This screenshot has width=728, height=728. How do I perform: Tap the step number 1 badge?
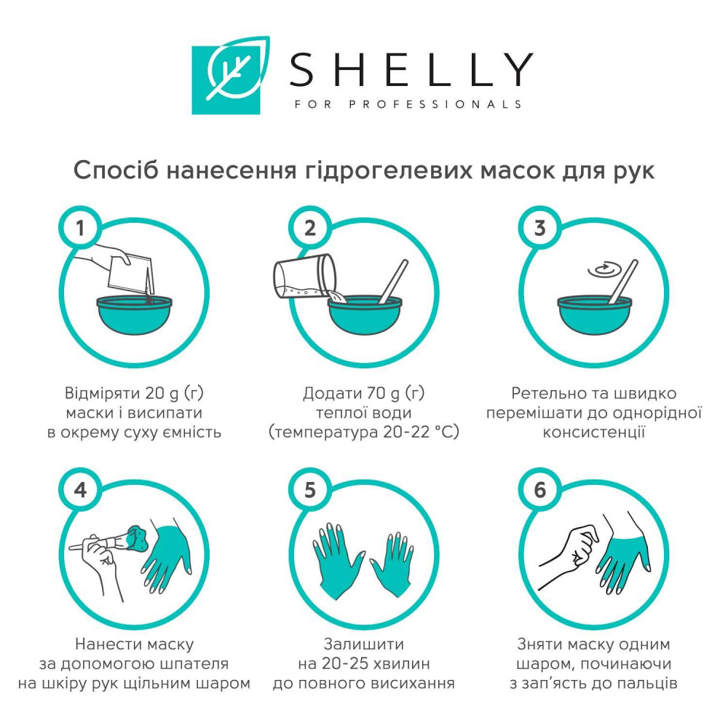point(80,227)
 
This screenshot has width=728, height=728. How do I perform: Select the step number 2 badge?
point(310,227)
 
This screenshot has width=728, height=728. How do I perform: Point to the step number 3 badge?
point(539,227)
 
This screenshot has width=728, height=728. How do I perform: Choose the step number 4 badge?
point(80,489)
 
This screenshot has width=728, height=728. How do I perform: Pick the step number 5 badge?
point(310,489)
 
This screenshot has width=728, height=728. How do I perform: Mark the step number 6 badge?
point(539,489)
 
